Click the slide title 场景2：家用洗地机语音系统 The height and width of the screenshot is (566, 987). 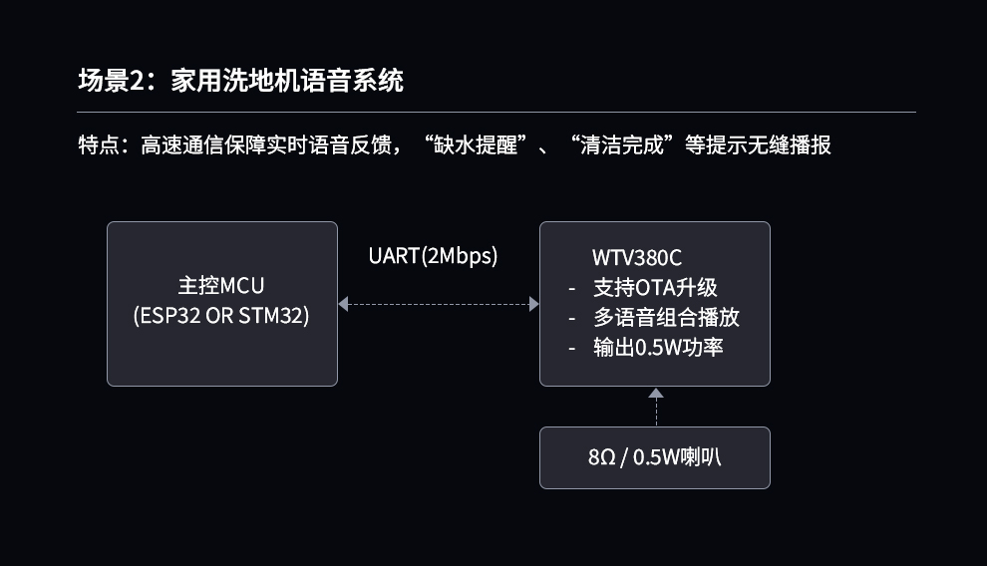[x=240, y=81]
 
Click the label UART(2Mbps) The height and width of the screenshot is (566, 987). [x=433, y=256]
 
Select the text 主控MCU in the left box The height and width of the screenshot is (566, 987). [x=221, y=287]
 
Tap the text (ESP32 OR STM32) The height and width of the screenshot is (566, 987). [x=221, y=317]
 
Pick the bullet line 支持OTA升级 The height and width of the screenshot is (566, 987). [x=655, y=288]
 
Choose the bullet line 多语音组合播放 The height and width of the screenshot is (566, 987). [x=666, y=318]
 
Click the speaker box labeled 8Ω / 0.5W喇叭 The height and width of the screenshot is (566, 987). [x=654, y=458]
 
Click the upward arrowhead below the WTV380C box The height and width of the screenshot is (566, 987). [x=655, y=394]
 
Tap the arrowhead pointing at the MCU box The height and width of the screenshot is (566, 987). [x=343, y=304]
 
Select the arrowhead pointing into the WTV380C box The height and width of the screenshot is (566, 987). [x=533, y=304]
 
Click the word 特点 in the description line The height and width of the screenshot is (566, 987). [x=98, y=145]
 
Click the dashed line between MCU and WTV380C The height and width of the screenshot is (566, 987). [x=439, y=304]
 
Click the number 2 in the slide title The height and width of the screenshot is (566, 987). [x=137, y=81]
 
